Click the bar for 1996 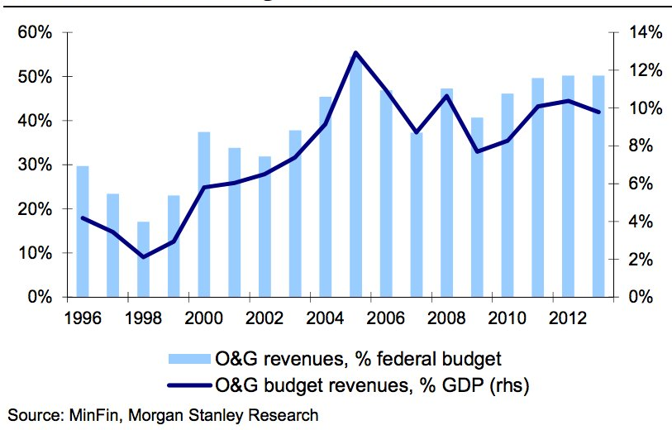tap(83, 232)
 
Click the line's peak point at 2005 tap(355, 53)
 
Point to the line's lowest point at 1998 tap(143, 257)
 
